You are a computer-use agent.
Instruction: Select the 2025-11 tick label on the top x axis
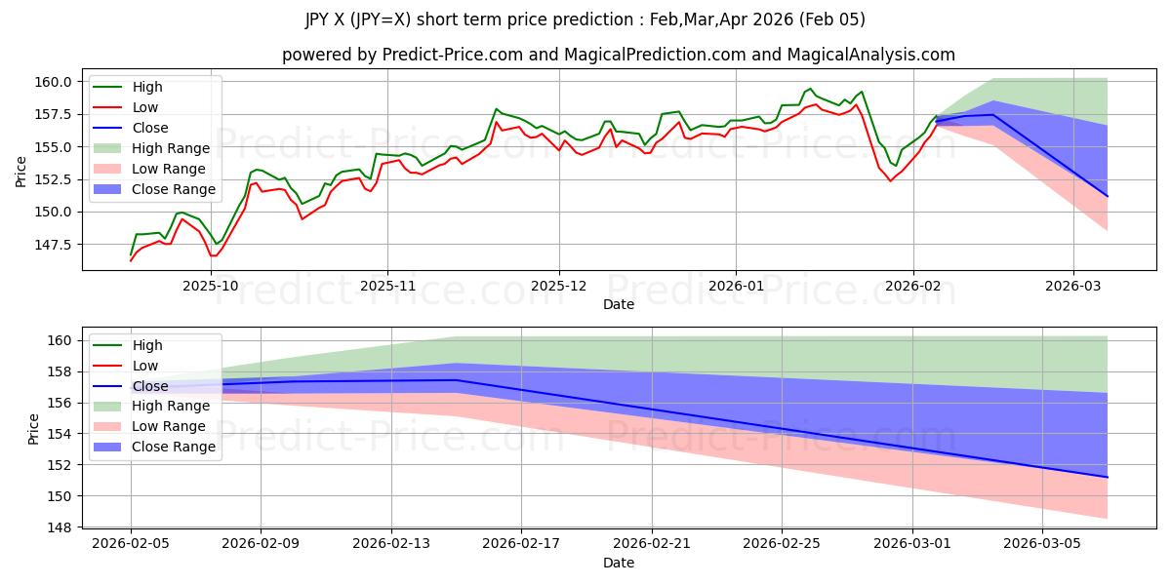click(x=387, y=286)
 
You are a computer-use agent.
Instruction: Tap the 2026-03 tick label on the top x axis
click(x=1073, y=286)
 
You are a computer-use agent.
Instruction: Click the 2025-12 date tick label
click(x=559, y=286)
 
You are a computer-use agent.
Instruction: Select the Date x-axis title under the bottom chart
click(x=619, y=563)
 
